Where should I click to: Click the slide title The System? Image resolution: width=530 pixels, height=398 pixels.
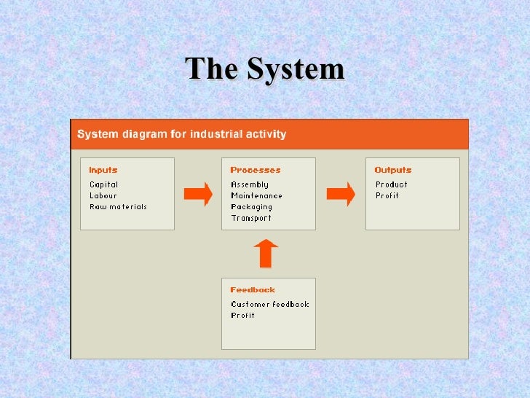(x=265, y=69)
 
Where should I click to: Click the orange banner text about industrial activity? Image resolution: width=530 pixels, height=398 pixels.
(x=182, y=134)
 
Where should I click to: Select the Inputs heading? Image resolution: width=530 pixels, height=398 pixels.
(x=103, y=170)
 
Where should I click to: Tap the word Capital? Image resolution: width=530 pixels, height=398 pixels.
(x=103, y=184)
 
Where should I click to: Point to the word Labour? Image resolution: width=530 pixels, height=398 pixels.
(x=103, y=195)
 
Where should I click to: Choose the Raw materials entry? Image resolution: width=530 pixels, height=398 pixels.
(x=118, y=206)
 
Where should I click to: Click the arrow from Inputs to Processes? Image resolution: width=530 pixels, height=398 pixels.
(x=197, y=194)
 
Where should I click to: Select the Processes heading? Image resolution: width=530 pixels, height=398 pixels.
(x=255, y=170)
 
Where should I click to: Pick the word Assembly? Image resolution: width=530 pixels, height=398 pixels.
(x=250, y=184)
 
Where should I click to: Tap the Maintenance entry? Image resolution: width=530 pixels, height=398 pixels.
(x=256, y=195)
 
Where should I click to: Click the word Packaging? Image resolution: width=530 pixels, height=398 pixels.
(x=251, y=206)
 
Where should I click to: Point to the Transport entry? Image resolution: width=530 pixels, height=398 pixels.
(x=251, y=217)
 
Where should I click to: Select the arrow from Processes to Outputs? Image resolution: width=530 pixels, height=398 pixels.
(x=340, y=194)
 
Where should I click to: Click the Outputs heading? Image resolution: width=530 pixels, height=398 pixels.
(x=393, y=170)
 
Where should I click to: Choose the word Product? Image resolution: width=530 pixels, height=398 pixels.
(x=392, y=184)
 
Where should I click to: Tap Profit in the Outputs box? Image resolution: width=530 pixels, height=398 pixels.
(x=387, y=195)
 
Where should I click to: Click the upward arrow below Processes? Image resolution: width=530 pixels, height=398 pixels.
(x=266, y=253)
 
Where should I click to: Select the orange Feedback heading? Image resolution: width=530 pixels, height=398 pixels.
(x=253, y=289)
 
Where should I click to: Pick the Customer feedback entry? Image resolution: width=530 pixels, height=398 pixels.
(x=270, y=304)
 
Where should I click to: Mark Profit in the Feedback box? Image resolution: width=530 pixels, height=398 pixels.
(x=243, y=315)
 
